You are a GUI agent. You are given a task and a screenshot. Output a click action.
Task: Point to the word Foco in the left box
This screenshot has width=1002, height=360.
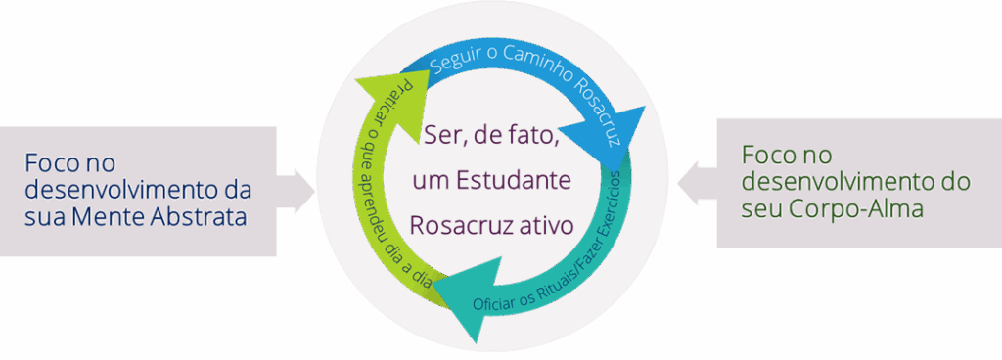click(x=53, y=160)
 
